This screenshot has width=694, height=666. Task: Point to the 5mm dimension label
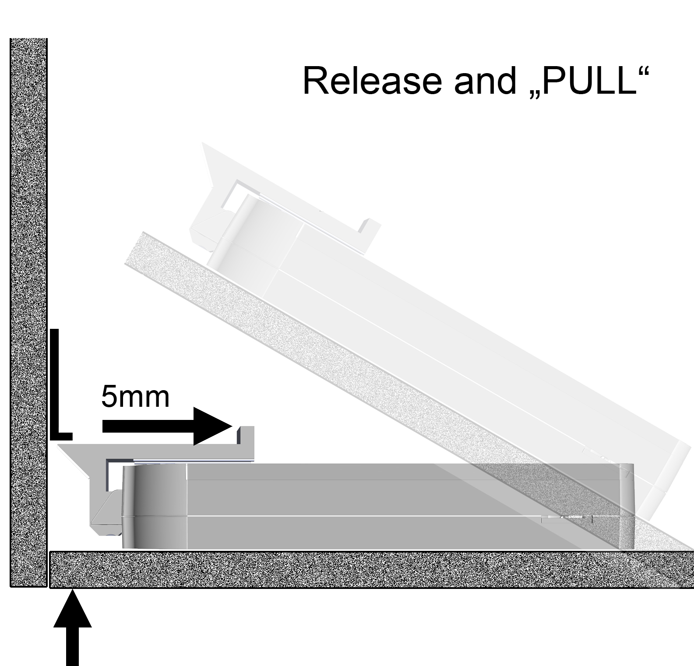coord(135,396)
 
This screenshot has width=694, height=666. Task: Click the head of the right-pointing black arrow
coord(213,426)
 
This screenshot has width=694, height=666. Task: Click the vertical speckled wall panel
coord(28,312)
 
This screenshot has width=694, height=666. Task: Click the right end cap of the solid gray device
coord(627,506)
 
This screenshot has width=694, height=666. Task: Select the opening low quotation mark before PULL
coord(532,95)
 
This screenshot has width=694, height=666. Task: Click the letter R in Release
coord(315,81)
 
